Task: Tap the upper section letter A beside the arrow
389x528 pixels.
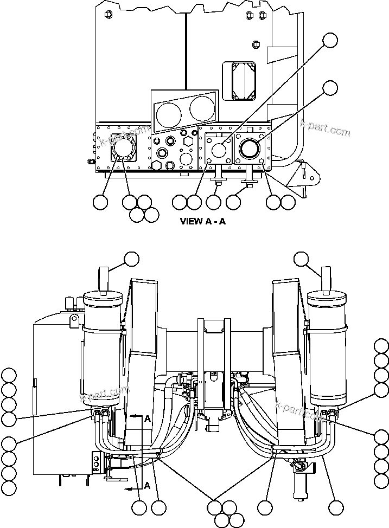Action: click(147, 418)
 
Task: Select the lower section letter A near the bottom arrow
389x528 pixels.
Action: click(147, 486)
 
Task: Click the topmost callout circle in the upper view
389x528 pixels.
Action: click(330, 40)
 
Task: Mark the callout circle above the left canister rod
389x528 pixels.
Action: click(132, 259)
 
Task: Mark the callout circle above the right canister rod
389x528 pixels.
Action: click(302, 259)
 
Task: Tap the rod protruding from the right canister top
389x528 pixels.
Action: click(326, 278)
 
